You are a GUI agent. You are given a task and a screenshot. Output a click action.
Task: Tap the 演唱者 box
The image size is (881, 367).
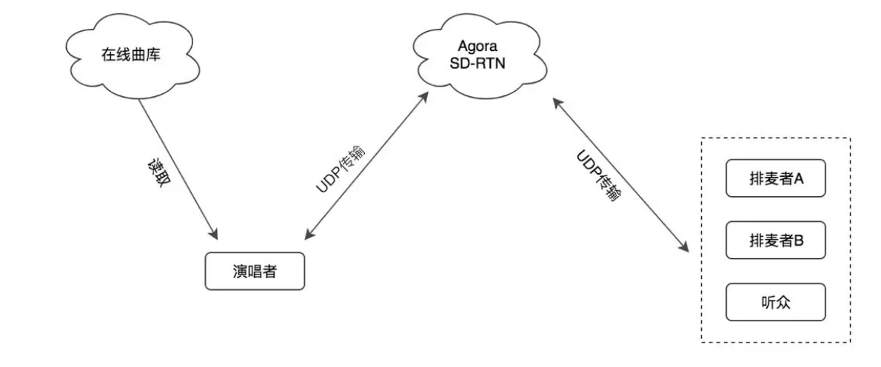254,272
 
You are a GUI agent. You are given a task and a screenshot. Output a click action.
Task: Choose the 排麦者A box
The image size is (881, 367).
775,178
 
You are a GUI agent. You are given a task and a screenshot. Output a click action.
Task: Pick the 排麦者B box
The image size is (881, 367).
775,240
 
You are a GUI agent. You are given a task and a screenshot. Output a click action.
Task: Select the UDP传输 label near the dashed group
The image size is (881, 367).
597,175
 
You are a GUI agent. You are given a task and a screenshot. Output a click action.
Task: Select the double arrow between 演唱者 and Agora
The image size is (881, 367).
366,166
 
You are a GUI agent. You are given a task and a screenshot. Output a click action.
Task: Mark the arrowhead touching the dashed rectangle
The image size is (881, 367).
684,249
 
